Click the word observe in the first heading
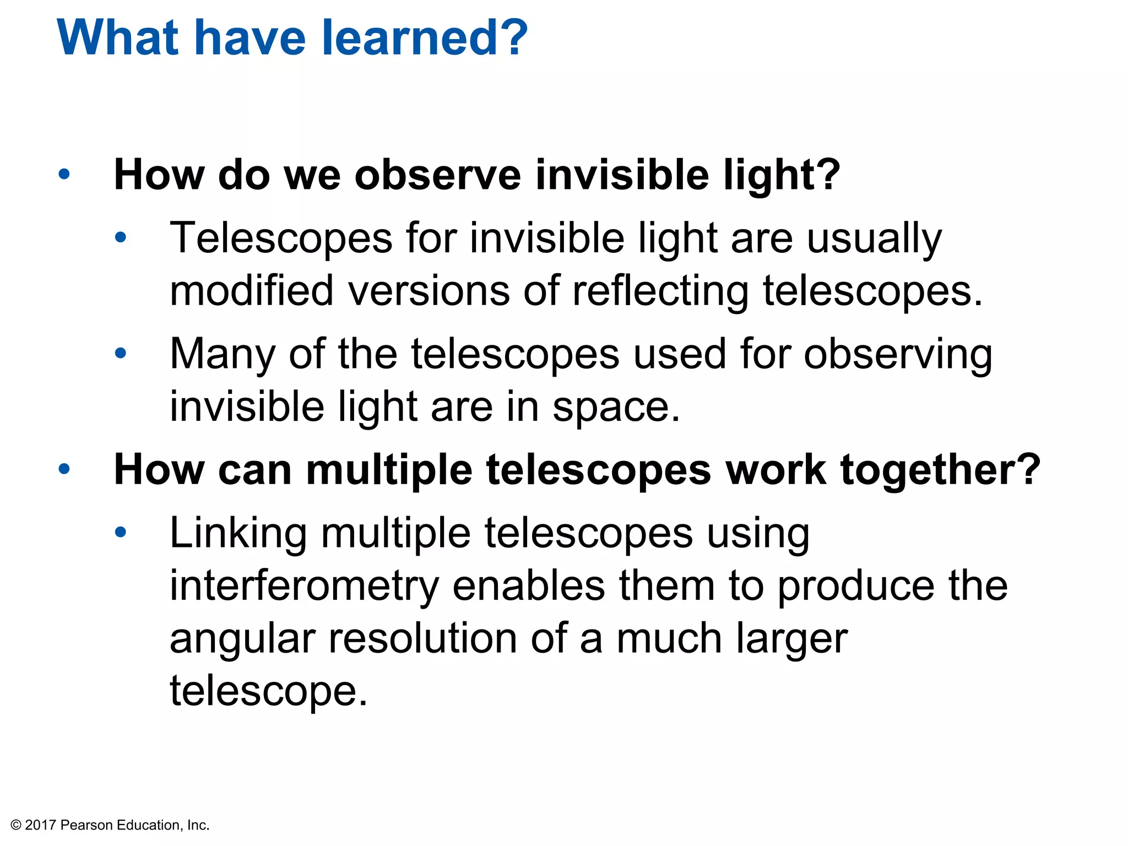coord(438,175)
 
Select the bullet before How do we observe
coord(64,175)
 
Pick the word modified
coord(252,291)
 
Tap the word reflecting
coord(660,291)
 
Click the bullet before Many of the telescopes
coord(121,353)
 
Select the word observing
coord(898,354)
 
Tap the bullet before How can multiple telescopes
coord(64,469)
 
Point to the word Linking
coord(238,533)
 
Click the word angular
coord(242,639)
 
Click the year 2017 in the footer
coord(41,825)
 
